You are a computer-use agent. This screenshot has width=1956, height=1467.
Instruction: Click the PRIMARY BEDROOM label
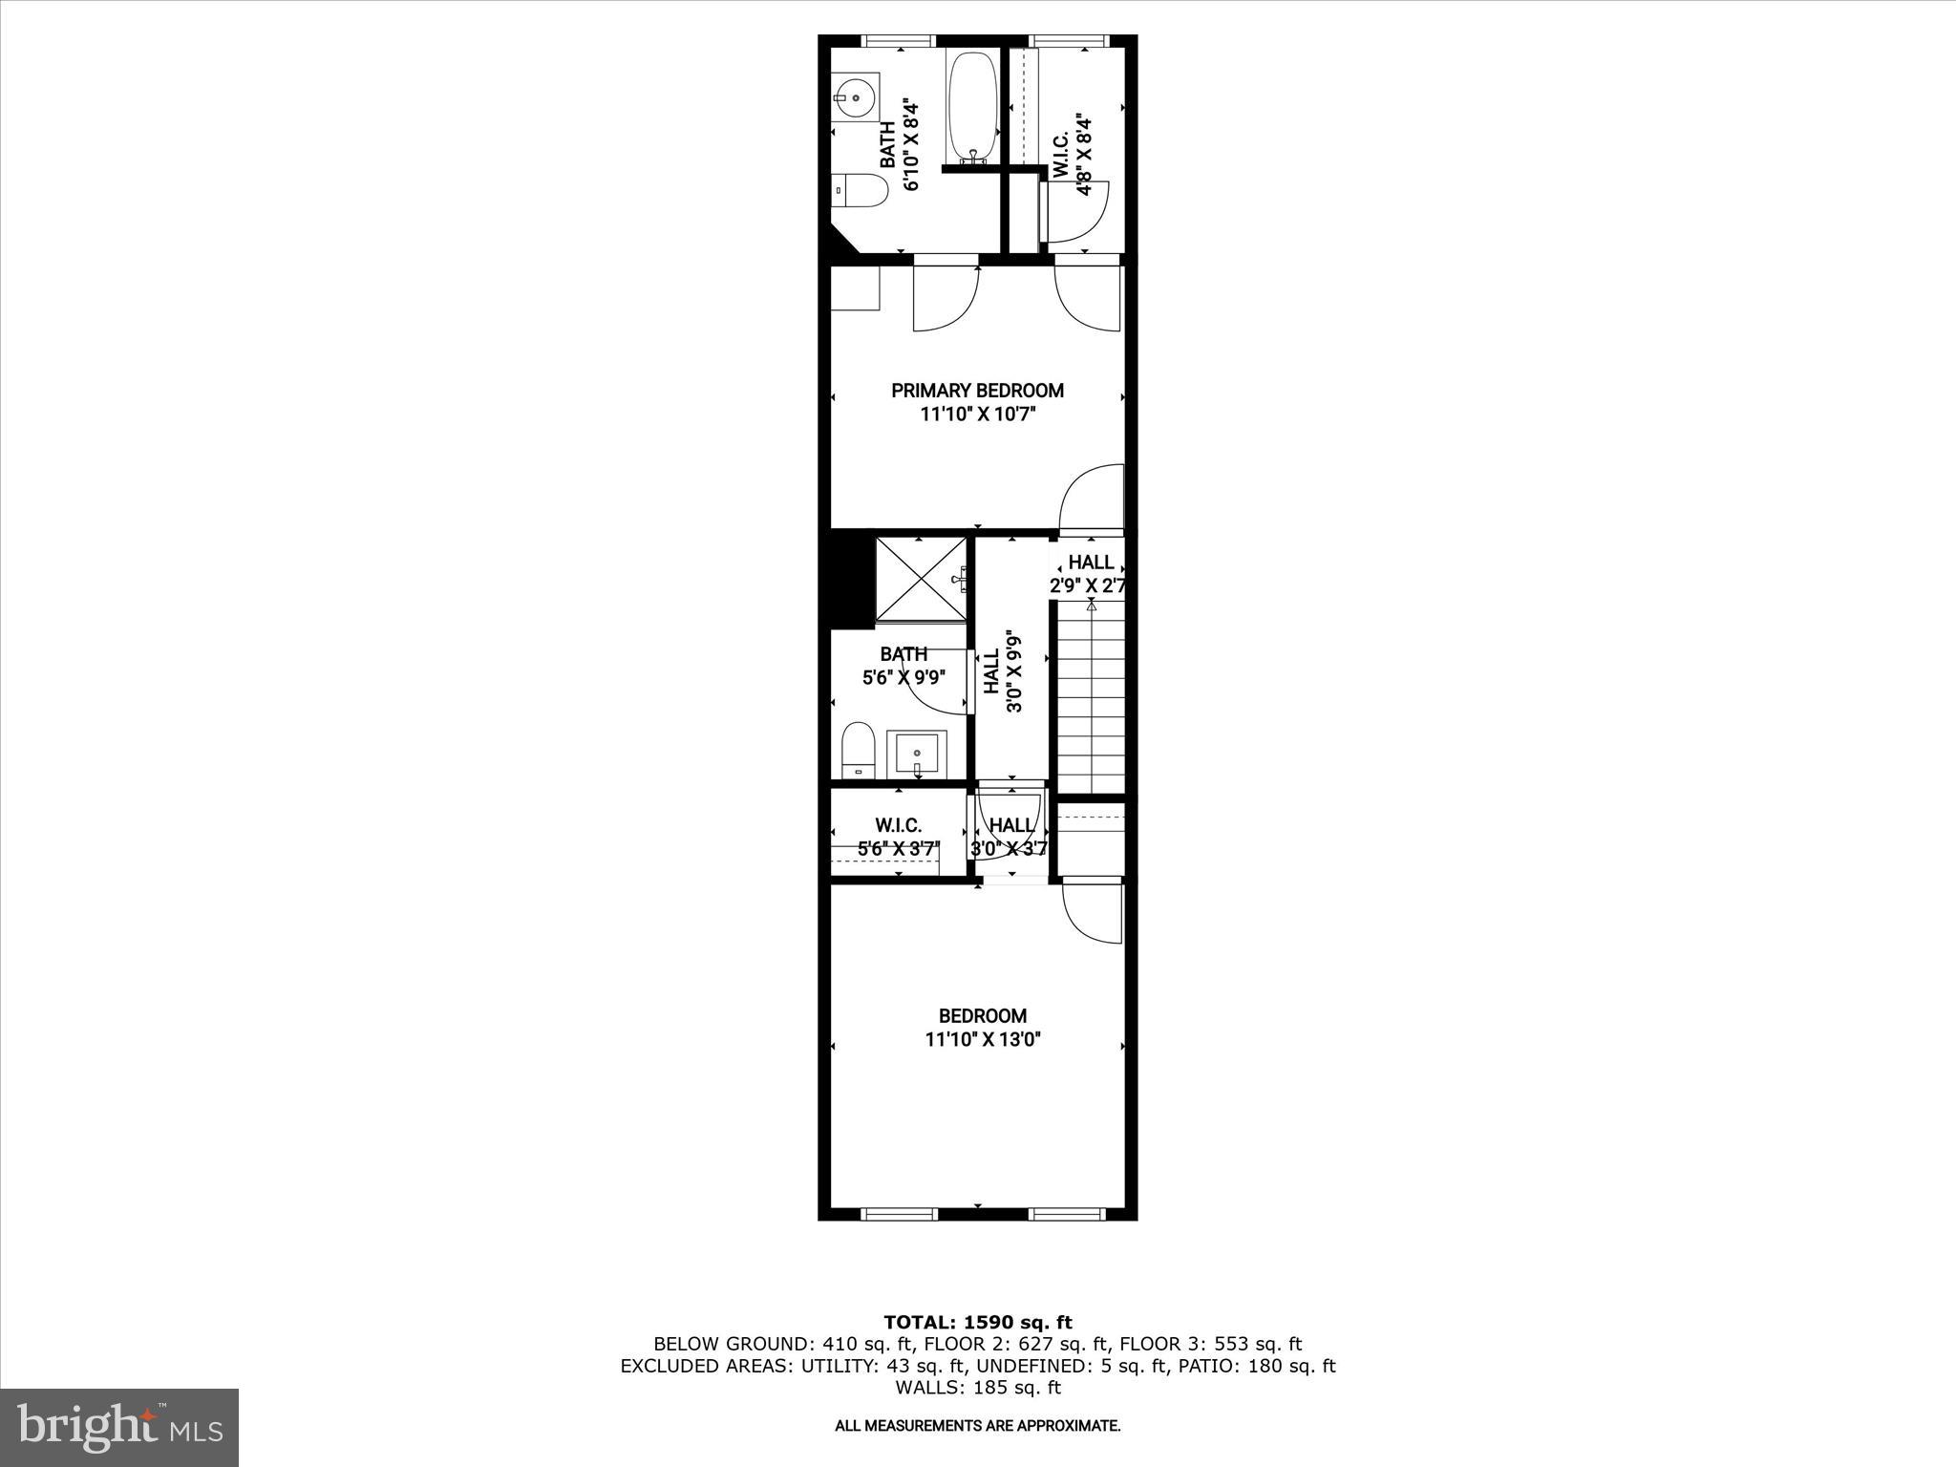pyautogui.click(x=977, y=391)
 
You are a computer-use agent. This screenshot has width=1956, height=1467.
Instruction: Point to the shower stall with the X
pyautogui.click(x=922, y=580)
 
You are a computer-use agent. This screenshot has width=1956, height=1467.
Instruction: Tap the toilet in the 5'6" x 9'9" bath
pyautogui.click(x=859, y=751)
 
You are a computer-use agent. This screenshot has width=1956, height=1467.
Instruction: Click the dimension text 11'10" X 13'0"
pyautogui.click(x=982, y=1039)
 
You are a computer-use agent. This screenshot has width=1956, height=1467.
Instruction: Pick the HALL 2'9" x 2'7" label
pyautogui.click(x=1089, y=574)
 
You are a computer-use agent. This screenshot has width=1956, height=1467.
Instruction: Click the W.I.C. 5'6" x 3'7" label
pyautogui.click(x=899, y=836)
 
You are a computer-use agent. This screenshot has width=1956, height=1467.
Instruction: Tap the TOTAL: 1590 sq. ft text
pyautogui.click(x=978, y=1322)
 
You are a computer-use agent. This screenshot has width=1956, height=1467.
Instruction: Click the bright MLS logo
pyautogui.click(x=118, y=1427)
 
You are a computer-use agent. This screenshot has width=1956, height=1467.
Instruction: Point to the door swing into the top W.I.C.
pyautogui.click(x=1077, y=212)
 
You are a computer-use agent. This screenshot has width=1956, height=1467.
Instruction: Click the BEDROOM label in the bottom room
pyautogui.click(x=982, y=1016)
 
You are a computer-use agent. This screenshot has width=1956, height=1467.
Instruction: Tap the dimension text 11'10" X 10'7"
pyautogui.click(x=977, y=415)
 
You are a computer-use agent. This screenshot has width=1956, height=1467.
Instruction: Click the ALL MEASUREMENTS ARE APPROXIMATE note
pyautogui.click(x=977, y=1426)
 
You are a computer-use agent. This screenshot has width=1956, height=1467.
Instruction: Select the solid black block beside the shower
pyautogui.click(x=853, y=580)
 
